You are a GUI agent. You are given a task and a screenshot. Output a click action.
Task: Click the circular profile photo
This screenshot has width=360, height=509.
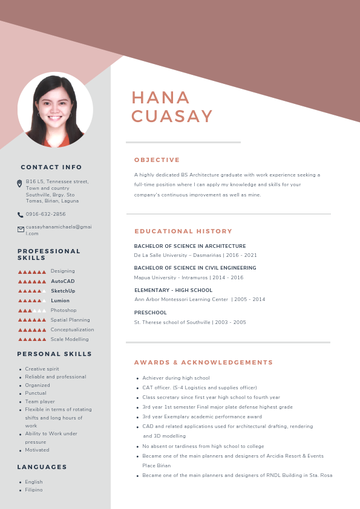55,110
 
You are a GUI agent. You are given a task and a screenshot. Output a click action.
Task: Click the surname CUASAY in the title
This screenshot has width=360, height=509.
172,116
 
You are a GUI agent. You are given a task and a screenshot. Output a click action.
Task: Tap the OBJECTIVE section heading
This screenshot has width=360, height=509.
157,160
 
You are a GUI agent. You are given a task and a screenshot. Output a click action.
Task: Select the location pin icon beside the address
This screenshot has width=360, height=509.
20,183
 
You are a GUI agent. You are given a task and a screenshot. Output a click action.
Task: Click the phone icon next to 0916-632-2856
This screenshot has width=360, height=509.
20,215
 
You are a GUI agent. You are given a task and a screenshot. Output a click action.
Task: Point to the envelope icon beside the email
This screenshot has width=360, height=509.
21,229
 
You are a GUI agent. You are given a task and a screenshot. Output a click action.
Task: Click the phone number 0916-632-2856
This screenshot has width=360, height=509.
45,214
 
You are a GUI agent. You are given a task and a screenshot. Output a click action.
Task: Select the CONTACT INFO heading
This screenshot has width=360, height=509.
51,167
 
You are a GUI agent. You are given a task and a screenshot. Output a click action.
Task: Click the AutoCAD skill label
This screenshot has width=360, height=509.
62,281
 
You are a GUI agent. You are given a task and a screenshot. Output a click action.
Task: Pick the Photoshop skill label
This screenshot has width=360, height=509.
64,310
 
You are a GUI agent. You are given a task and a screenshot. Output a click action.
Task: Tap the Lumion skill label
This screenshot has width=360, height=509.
60,300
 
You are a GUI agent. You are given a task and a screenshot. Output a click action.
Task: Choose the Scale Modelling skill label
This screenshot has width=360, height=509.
70,339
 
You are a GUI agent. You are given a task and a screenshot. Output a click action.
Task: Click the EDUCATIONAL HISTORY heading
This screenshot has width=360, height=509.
183,232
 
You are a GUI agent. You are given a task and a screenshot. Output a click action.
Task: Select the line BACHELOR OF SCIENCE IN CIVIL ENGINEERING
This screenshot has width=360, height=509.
195,268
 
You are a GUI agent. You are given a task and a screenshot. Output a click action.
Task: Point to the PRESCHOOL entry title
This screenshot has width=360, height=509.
150,313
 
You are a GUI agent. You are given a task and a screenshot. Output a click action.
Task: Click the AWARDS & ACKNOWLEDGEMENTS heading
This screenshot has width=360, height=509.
203,363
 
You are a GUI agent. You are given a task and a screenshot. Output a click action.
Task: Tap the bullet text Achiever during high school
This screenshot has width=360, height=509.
175,378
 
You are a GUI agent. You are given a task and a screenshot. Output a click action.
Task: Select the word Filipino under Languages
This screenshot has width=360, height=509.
34,490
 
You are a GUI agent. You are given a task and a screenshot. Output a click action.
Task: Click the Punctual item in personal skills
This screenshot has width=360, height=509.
36,393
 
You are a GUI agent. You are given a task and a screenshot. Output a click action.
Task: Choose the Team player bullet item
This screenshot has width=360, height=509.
40,401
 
